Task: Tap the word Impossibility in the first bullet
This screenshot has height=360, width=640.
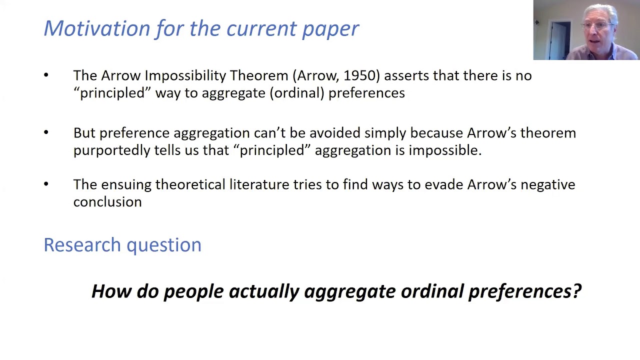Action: click(x=185, y=75)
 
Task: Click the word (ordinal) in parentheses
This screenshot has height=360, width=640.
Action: click(x=297, y=93)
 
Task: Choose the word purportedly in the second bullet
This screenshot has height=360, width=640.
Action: click(x=111, y=150)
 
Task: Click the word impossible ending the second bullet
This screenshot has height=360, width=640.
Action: click(x=445, y=150)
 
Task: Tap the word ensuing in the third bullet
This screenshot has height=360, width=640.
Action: click(x=126, y=184)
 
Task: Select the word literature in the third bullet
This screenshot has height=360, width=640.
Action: click(x=259, y=184)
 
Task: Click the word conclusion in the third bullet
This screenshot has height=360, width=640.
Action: click(x=107, y=202)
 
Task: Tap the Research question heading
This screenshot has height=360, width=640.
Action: click(x=122, y=245)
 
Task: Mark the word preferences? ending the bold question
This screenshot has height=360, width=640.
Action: click(x=524, y=291)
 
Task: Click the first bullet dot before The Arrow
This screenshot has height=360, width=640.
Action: click(x=46, y=75)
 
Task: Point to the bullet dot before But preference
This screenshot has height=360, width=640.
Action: click(x=46, y=133)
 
